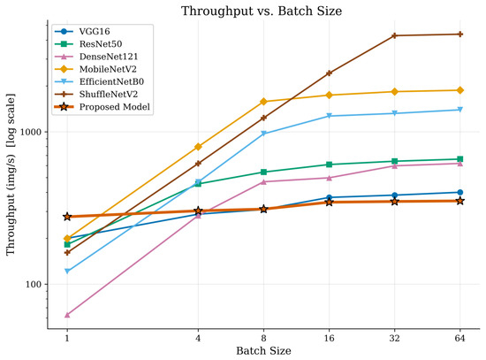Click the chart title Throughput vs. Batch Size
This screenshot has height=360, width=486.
[262, 11]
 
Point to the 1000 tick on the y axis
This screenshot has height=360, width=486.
[30, 132]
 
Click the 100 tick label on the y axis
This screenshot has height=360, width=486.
[34, 284]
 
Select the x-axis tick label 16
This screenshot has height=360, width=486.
[329, 338]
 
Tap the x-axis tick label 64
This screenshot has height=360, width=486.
[460, 338]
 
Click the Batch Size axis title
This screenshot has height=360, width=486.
[263, 351]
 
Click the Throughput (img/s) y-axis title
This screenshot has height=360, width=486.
[11, 174]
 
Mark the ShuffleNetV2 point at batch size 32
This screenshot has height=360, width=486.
[394, 35]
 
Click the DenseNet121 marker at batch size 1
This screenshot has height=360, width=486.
[67, 315]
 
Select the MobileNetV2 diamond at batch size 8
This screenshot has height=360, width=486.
[263, 102]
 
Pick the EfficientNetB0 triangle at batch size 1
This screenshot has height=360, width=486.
[67, 272]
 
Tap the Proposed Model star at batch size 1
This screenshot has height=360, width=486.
[67, 217]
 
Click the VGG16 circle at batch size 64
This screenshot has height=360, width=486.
[460, 193]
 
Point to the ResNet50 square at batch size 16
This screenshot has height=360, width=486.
[329, 165]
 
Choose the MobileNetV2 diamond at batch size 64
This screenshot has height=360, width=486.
[460, 90]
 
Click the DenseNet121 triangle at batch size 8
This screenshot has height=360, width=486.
[263, 182]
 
